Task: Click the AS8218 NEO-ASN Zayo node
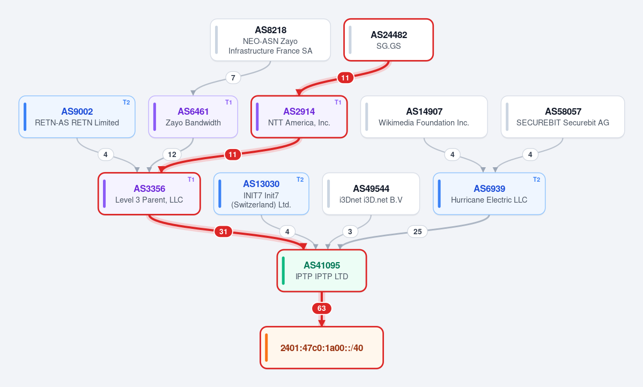270,40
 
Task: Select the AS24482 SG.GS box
388,40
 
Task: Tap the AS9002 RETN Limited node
77,117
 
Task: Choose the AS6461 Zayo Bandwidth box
193,117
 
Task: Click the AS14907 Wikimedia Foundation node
424,117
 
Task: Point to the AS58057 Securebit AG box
563,117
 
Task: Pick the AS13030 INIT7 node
261,193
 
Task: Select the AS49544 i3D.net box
371,193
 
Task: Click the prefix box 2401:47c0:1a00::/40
322,348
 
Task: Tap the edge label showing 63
322,308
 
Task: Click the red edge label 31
223,232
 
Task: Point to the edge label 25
417,232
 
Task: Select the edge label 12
172,154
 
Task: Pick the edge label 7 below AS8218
233,78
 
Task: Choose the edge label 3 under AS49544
350,232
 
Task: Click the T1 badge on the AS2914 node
338,102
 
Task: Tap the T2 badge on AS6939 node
536,180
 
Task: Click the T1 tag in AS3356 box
191,180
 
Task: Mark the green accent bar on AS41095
283,271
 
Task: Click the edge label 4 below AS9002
106,154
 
